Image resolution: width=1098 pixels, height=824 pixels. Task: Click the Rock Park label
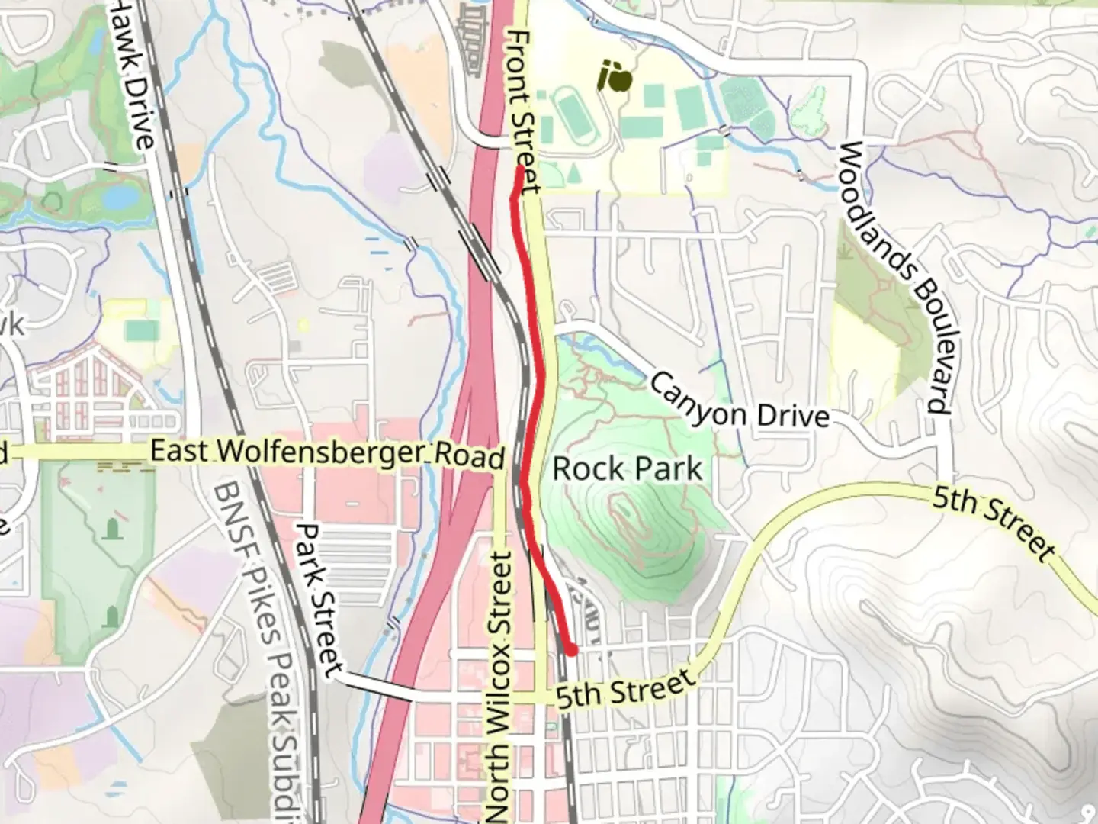627,468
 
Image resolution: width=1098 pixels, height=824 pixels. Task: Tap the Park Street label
319,600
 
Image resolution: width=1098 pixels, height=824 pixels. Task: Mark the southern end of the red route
569,650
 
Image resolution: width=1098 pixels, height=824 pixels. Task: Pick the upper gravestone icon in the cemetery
114,528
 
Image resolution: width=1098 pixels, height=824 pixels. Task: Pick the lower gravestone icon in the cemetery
113,615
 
